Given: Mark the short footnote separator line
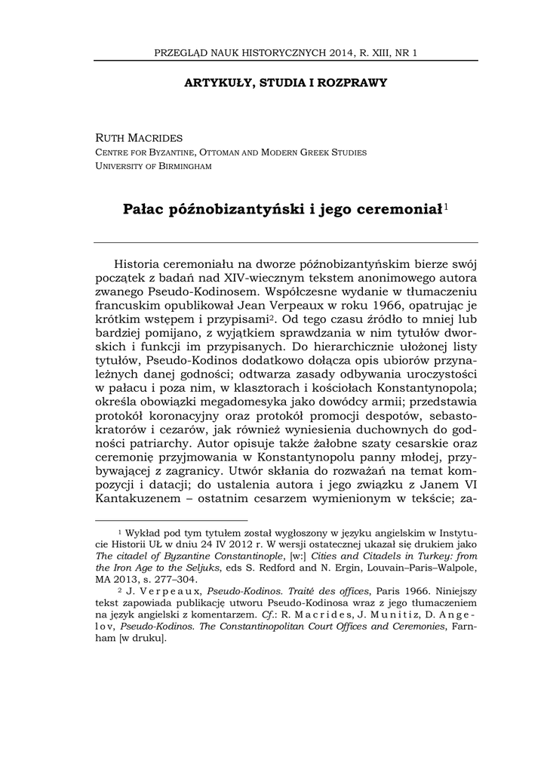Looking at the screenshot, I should tap(172, 520).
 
